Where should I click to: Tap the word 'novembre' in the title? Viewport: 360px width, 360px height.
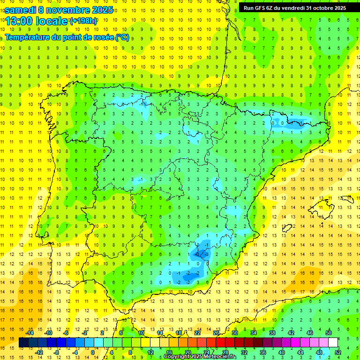(67, 10)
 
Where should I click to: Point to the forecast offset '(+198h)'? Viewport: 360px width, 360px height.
(83, 21)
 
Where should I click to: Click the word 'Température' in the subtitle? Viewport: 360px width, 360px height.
(28, 37)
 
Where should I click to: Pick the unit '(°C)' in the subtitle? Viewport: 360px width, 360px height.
(122, 37)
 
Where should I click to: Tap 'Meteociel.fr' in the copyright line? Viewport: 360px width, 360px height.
(220, 357)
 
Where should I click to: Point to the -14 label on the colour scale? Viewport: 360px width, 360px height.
(29, 333)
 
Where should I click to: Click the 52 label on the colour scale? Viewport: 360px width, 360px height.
(338, 352)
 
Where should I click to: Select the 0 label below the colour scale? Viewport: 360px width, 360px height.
(93, 352)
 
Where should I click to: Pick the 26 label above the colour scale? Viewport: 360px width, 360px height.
(216, 333)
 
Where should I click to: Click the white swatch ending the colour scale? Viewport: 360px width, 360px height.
(333, 343)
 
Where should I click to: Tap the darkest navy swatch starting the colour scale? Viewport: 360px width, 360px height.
(23, 343)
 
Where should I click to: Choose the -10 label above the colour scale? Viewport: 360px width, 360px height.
(48, 333)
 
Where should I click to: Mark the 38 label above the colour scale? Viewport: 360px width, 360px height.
(272, 333)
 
